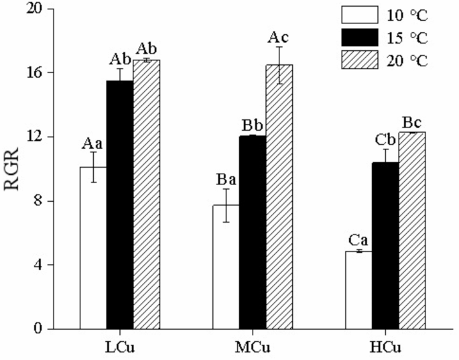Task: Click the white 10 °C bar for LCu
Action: [93, 248]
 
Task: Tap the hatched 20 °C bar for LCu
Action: [146, 194]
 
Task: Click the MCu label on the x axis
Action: [253, 348]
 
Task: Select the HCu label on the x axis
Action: [385, 348]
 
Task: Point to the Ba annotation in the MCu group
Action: [226, 179]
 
